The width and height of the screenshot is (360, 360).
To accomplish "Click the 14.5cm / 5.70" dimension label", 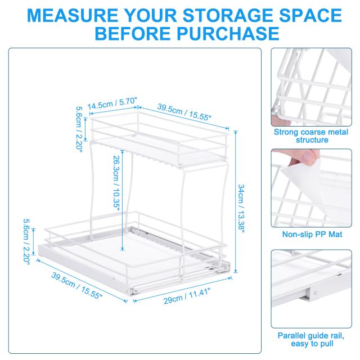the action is (x=112, y=103).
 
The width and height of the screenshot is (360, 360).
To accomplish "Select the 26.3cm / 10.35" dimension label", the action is (x=116, y=183).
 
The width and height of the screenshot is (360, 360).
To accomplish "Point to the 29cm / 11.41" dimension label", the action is (x=187, y=296).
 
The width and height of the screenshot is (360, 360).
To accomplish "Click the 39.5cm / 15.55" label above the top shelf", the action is (x=184, y=112).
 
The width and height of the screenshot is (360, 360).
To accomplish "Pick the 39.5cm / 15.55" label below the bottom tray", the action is (x=76, y=285).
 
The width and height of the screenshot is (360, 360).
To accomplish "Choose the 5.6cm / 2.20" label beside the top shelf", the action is (x=79, y=129).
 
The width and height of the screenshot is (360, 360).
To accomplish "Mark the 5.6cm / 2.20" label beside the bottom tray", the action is (x=26, y=241).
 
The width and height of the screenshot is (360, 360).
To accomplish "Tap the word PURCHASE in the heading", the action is (x=228, y=34).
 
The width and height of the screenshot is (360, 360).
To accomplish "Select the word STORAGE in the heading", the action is (x=228, y=15).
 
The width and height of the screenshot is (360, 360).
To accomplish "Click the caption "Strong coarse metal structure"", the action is (x=311, y=136).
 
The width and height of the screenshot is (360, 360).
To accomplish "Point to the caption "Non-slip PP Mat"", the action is (x=312, y=234).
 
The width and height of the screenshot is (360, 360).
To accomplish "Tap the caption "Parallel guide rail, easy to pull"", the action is (x=311, y=339).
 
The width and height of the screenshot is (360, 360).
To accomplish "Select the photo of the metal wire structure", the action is (x=311, y=87).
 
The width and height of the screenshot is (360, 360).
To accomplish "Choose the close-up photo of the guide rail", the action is (x=311, y=289).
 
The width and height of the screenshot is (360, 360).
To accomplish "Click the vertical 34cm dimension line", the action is (x=236, y=201).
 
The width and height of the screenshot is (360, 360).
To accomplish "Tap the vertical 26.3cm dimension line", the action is (x=122, y=200).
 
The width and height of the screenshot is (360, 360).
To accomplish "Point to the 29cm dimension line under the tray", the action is (x=182, y=289).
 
